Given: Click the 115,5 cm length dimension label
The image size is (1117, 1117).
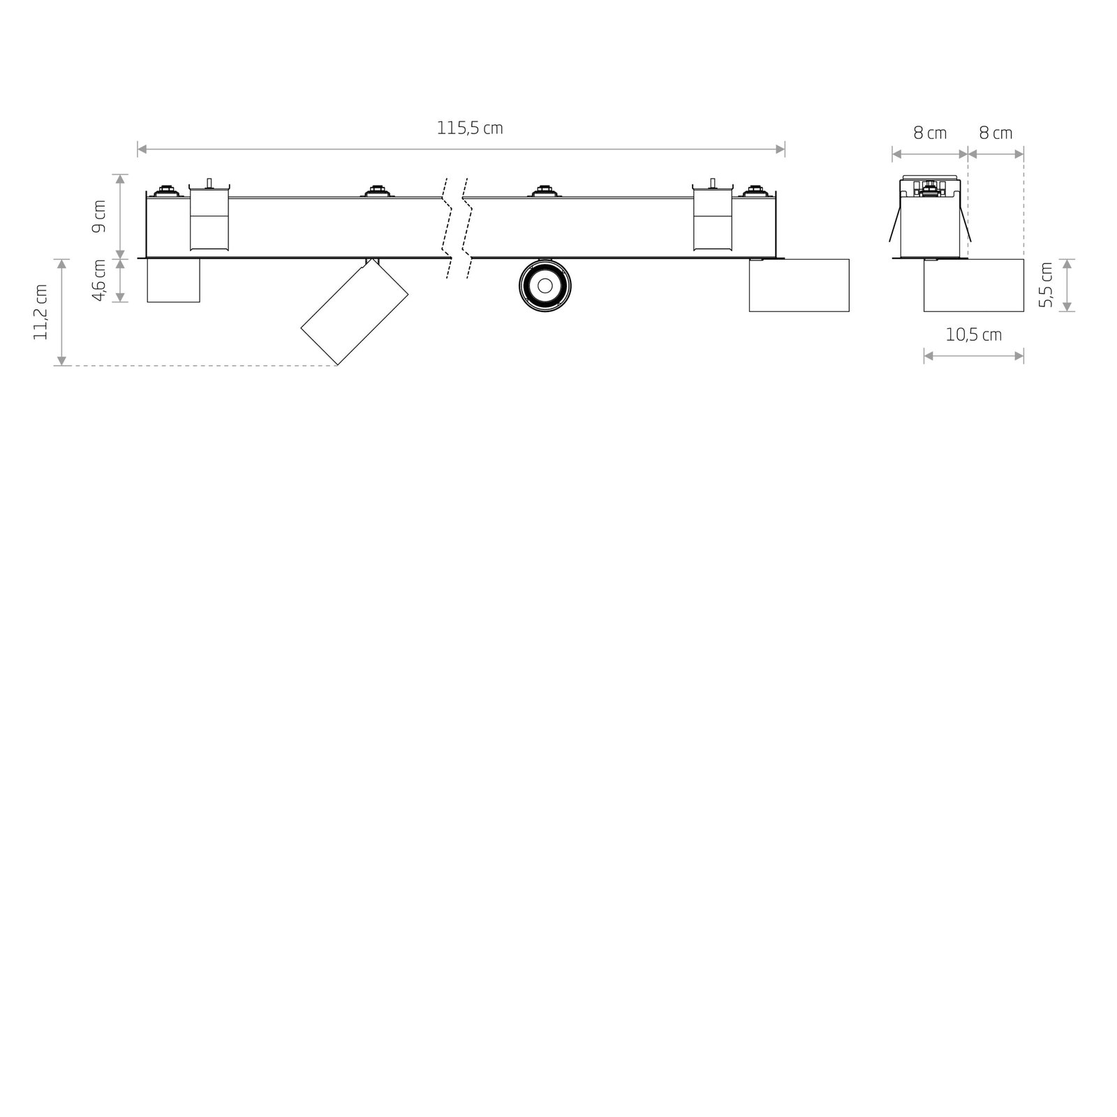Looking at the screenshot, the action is [x=470, y=128].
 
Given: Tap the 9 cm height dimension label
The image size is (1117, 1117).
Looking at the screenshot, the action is [x=99, y=216].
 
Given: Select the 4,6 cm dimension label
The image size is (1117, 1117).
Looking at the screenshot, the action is [x=99, y=280].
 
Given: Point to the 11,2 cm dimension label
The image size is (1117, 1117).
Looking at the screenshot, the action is [x=40, y=312].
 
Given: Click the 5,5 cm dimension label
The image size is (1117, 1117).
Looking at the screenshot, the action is [x=1045, y=285].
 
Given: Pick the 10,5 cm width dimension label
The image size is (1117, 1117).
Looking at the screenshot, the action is [x=974, y=335].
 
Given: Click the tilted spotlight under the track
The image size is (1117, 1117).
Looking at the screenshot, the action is [x=355, y=311].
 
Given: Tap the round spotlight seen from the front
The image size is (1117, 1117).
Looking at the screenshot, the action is [x=545, y=285].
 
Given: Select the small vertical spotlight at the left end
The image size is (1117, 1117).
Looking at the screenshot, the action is [x=173, y=281].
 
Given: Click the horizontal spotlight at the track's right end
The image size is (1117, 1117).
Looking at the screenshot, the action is [x=799, y=285].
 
